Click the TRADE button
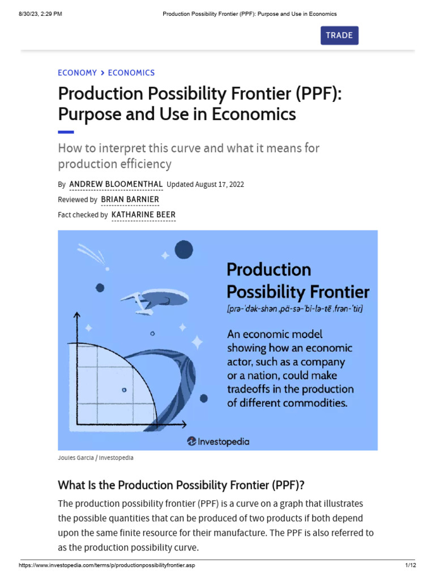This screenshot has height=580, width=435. pyautogui.click(x=339, y=35)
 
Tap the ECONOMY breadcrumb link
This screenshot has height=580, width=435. pyautogui.click(x=77, y=72)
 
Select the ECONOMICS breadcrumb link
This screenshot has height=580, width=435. pyautogui.click(x=131, y=72)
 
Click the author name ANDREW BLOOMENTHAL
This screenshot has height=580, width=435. pyautogui.click(x=116, y=184)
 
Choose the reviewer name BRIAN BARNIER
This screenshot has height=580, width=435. pyautogui.click(x=130, y=199)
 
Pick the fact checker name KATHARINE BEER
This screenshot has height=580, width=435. pyautogui.click(x=144, y=215)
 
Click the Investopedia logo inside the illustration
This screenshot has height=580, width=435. pyautogui.click(x=218, y=441)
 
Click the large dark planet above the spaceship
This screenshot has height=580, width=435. pyautogui.click(x=184, y=249)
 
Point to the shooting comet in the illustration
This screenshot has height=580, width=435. pyautogui.click(x=88, y=251)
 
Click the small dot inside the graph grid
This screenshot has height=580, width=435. pyautogui.click(x=124, y=390)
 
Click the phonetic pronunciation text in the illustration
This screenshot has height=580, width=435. pyautogui.click(x=294, y=309)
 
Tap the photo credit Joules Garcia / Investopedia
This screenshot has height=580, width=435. pyautogui.click(x=96, y=457)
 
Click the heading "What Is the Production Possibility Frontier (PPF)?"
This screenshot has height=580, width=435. pyautogui.click(x=181, y=485)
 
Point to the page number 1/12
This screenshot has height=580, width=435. pyautogui.click(x=411, y=565)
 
